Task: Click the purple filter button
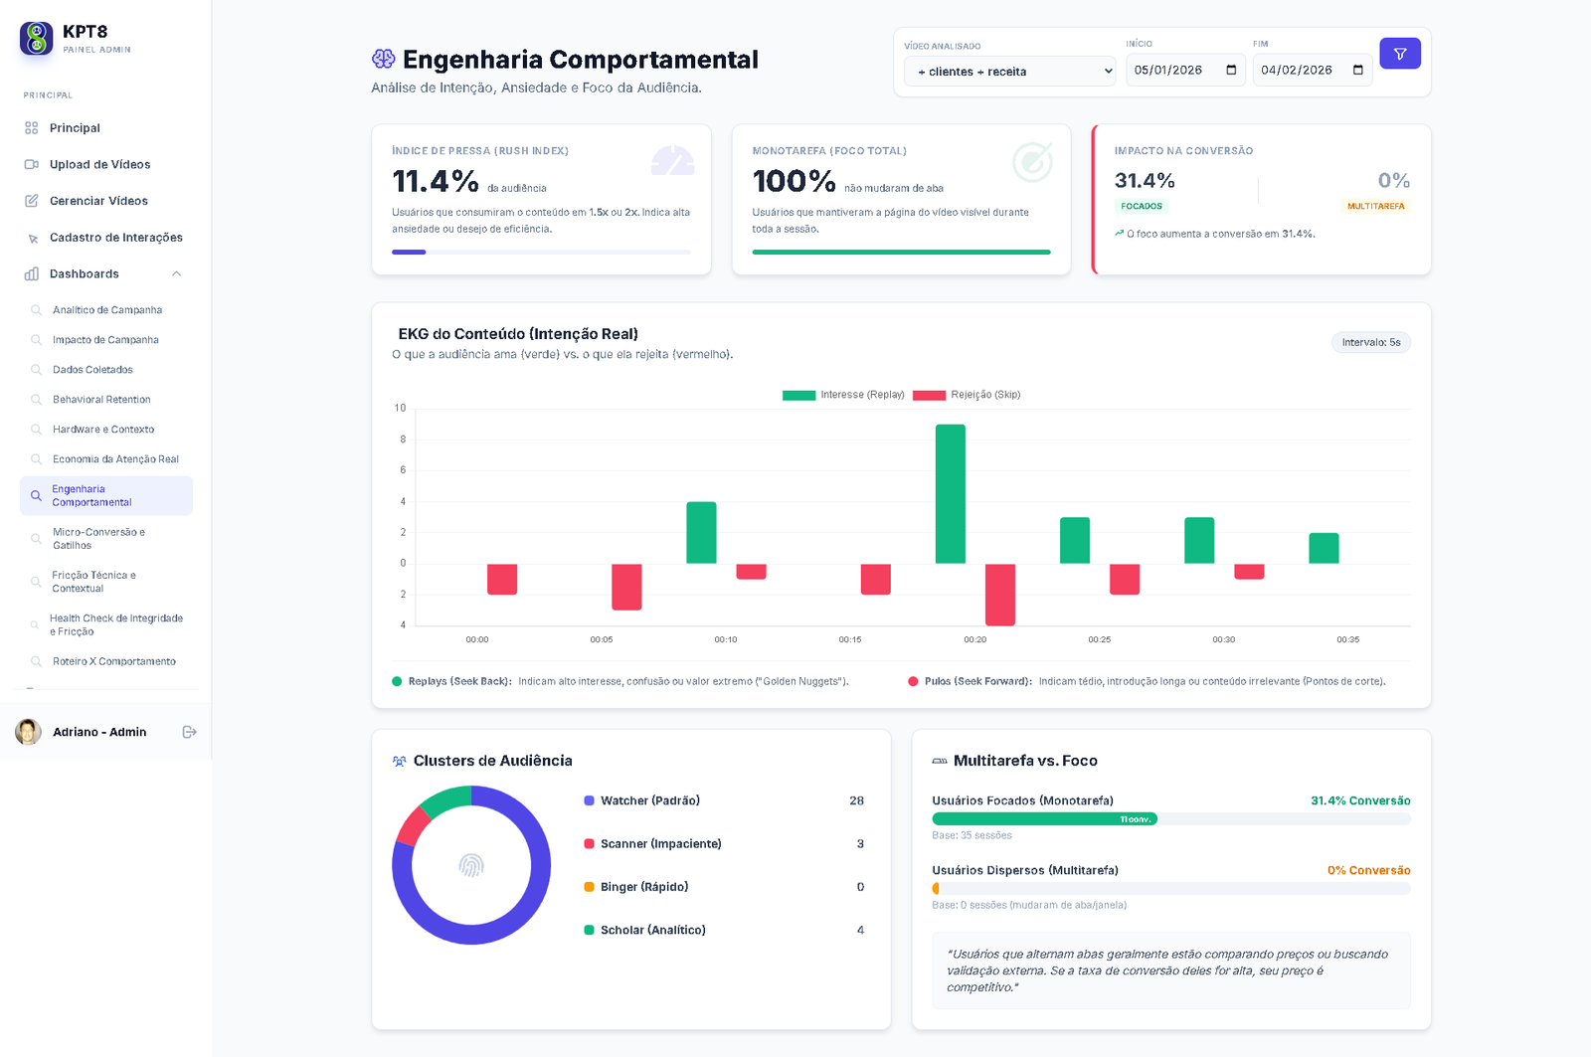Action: tap(1399, 54)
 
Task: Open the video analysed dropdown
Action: tap(1009, 72)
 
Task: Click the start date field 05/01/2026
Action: tap(1184, 71)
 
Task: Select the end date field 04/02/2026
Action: tap(1312, 71)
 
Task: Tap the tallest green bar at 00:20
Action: tap(950, 494)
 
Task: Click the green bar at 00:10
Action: tap(701, 533)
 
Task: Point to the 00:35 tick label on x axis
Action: tap(1347, 640)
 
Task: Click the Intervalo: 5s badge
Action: tap(1370, 343)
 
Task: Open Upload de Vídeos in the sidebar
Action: tap(99, 165)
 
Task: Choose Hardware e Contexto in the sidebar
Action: tap(103, 430)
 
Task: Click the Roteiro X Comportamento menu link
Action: tap(114, 661)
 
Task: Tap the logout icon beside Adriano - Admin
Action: tap(189, 732)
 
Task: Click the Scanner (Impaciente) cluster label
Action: tap(660, 844)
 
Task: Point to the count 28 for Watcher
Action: tap(856, 800)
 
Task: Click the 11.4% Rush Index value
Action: tap(436, 181)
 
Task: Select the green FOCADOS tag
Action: tap(1142, 207)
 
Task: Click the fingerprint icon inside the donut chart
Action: tap(471, 865)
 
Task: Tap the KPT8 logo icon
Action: tap(37, 39)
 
